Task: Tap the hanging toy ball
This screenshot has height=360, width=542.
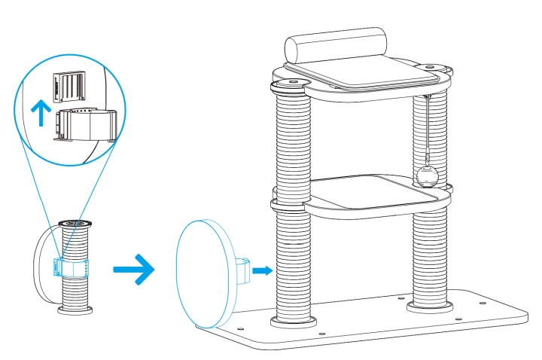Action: coord(427,176)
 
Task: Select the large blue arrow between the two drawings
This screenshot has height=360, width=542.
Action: coord(133,269)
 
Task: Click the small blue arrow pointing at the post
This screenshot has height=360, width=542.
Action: coord(260,269)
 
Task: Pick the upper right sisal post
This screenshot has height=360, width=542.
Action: coord(431,113)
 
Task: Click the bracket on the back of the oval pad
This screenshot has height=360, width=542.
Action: coord(240,269)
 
